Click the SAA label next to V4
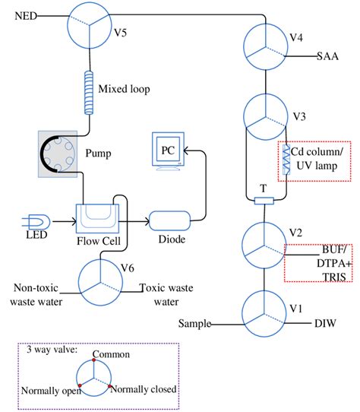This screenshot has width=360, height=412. (329, 56)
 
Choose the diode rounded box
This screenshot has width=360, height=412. (169, 220)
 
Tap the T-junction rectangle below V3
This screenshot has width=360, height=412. (264, 201)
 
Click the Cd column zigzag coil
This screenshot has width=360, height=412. (287, 161)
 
